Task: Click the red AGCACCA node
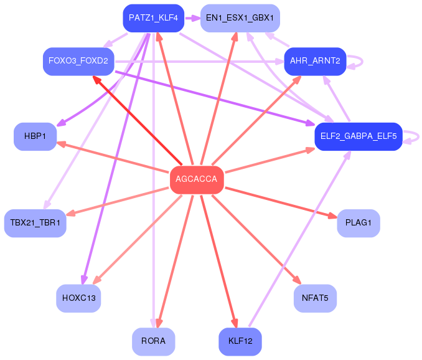[x=197, y=179]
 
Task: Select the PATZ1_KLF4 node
[x=153, y=18]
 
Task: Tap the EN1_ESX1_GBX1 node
[x=240, y=18]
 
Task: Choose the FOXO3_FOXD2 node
[x=78, y=62]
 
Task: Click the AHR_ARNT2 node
[x=315, y=62]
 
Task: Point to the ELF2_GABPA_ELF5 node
[x=359, y=136]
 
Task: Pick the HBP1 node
[x=35, y=136]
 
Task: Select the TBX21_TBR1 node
[x=35, y=223]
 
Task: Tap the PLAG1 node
[x=359, y=223]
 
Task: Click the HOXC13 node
[x=78, y=298]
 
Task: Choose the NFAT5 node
[x=315, y=298]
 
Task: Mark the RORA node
[x=153, y=342]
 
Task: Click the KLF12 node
[x=240, y=342]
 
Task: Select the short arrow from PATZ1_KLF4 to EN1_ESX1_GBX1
[x=192, y=18]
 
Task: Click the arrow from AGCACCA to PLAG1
[x=281, y=202]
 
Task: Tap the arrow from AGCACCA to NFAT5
[x=256, y=239]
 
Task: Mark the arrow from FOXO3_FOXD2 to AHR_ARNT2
[x=199, y=62]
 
